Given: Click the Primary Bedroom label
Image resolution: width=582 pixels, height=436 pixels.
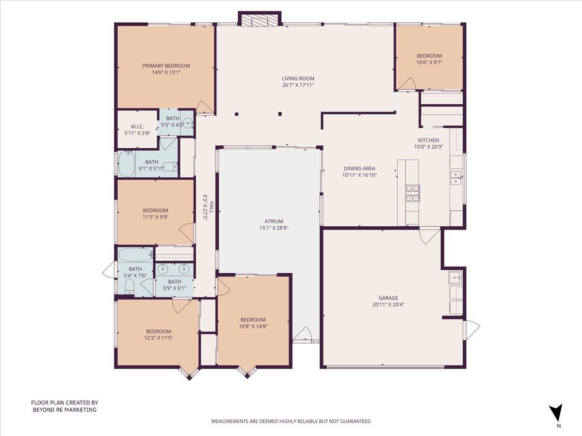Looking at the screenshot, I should tap(166, 66).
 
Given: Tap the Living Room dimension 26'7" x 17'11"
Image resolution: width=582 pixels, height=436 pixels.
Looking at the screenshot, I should tap(298, 85).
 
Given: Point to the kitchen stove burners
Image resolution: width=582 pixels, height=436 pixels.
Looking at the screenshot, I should tap(413, 193).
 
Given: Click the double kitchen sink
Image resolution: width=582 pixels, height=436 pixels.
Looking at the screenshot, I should tap(456, 178).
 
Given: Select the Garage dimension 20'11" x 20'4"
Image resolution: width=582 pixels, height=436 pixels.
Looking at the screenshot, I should tap(388, 305).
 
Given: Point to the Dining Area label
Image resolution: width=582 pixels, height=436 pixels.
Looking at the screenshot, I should tap(359, 169).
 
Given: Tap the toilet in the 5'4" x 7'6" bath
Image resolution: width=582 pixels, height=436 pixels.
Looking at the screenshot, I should tap(129, 288).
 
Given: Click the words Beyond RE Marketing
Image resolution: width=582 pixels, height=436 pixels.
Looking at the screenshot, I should tap(65, 410).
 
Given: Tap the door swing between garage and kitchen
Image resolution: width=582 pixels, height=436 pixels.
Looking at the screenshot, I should tap(429, 235).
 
